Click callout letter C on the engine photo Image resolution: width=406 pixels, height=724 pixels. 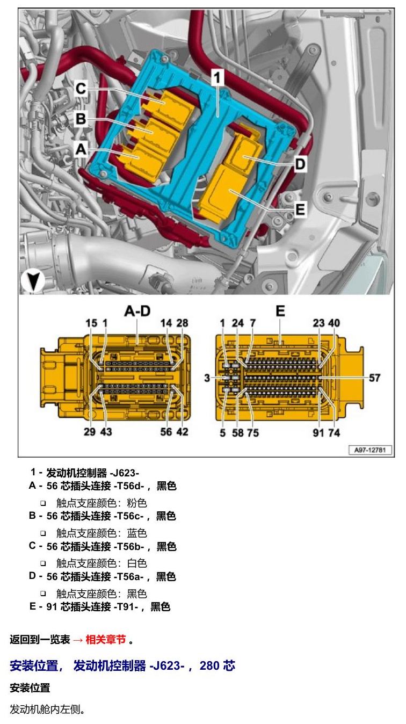pyautogui.click(x=81, y=88)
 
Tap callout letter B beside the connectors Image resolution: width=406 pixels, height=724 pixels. pyautogui.click(x=81, y=118)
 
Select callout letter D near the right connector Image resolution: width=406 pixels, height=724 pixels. pyautogui.click(x=300, y=164)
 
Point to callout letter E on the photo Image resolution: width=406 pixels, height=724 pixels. pyautogui.click(x=300, y=209)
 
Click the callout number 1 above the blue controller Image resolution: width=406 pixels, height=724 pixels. pyautogui.click(x=217, y=77)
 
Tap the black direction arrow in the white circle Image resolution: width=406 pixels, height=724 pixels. pyautogui.click(x=33, y=281)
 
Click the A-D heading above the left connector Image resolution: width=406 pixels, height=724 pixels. pyautogui.click(x=137, y=311)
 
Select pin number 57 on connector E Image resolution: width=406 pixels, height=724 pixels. pyautogui.click(x=374, y=378)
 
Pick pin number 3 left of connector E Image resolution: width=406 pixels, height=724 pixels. pyautogui.click(x=207, y=378)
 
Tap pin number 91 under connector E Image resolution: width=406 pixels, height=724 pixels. pyautogui.click(x=318, y=432)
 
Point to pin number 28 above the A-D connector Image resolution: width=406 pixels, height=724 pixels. pyautogui.click(x=182, y=323)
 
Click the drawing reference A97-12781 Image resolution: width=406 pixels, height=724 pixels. pyautogui.click(x=370, y=450)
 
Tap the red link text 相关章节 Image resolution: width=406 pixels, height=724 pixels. pyautogui.click(x=106, y=639)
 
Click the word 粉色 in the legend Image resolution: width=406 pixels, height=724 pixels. pyautogui.click(x=137, y=503)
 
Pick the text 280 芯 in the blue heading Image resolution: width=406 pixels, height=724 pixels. pyautogui.click(x=217, y=665)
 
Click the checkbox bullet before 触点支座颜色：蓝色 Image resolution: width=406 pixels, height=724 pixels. pyautogui.click(x=43, y=533)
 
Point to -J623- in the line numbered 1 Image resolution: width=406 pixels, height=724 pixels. pyautogui.click(x=125, y=473)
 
